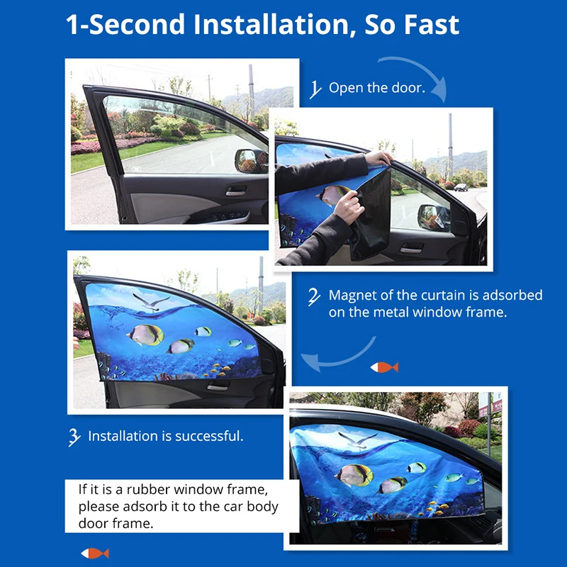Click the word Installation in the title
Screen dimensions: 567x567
[x=271, y=25]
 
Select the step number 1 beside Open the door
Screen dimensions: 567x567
[x=315, y=89]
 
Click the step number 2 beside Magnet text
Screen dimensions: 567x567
[x=314, y=297]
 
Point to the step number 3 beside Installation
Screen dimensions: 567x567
[x=74, y=437]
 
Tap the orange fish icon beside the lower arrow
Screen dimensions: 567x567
[x=384, y=367]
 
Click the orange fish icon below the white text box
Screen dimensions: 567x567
[x=95, y=554]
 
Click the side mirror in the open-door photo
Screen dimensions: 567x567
[x=251, y=161]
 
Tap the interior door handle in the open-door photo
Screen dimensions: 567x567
[x=236, y=191]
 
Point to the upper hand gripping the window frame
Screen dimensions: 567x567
[x=378, y=158]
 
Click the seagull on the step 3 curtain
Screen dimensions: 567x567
[x=151, y=303]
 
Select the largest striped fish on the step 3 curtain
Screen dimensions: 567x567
[x=145, y=335]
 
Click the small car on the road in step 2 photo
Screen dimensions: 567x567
[x=461, y=187]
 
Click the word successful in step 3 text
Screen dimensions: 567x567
[x=208, y=436]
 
